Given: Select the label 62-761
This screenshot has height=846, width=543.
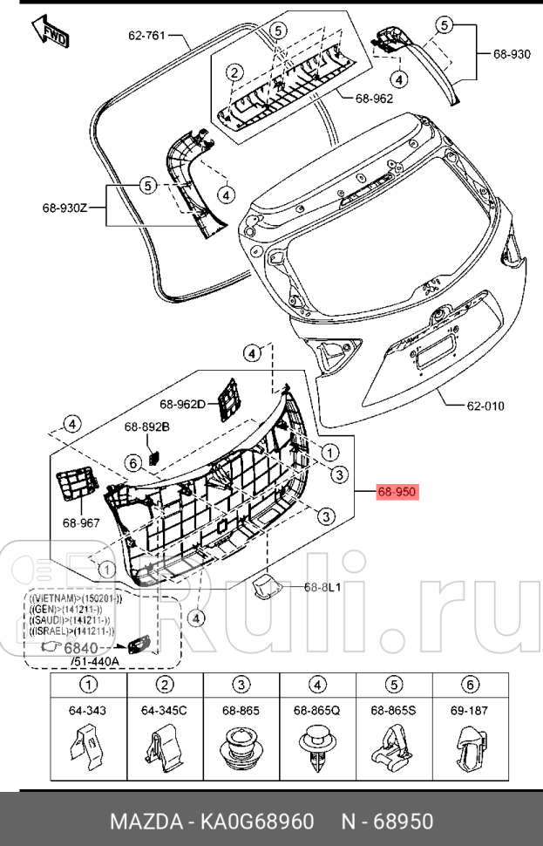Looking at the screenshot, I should pos(146,36).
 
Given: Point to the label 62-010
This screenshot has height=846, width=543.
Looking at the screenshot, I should pos(485,406).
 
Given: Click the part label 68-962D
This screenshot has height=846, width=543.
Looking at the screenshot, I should pos(182,404).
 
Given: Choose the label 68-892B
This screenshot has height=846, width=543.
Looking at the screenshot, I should pos(146,426).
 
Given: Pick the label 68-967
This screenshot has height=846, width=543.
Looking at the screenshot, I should pos(81,522).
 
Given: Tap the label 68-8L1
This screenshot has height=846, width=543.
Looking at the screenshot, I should pos(322,587).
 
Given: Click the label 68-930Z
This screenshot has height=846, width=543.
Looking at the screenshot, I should pos(65,208).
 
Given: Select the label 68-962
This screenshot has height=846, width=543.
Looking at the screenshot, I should pos(374,99).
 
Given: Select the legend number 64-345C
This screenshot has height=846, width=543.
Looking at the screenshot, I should pos(164,711).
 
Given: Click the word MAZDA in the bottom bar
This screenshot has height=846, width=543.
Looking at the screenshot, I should pos(143,822).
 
